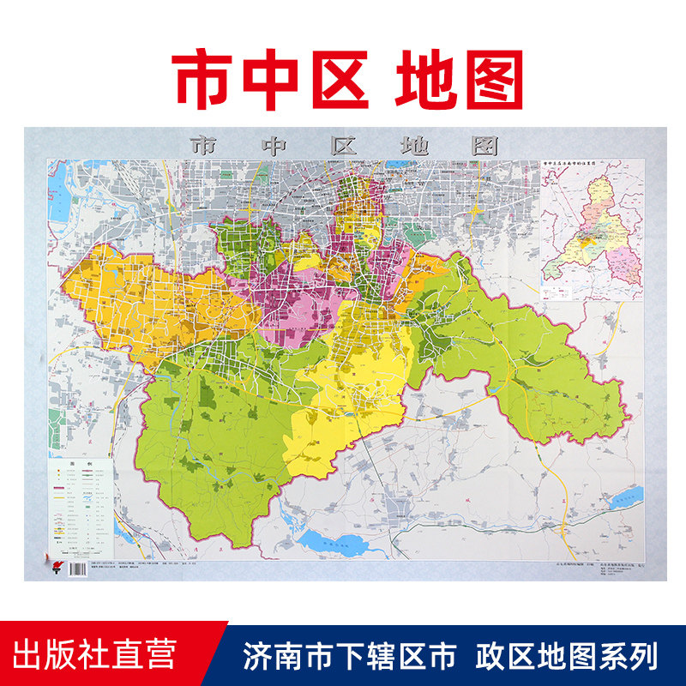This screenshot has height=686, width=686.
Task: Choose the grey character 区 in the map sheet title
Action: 344,145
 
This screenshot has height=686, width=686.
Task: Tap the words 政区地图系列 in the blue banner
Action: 566,655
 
